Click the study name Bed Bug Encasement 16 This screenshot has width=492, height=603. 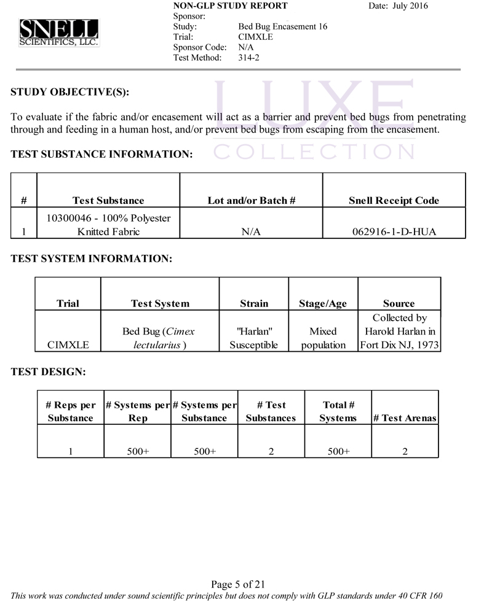click(282, 26)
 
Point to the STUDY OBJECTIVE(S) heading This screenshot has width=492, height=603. click(70, 93)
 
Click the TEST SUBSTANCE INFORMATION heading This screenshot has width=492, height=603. click(102, 155)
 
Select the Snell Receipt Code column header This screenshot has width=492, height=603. click(394, 200)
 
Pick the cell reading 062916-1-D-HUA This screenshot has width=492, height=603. click(394, 231)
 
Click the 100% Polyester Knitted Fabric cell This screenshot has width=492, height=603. click(108, 225)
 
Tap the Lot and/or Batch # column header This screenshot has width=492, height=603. click(252, 200)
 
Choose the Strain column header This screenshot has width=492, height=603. click(254, 303)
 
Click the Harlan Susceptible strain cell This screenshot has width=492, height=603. click(254, 338)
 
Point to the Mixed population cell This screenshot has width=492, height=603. click(323, 338)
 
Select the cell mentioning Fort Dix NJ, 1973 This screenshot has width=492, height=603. click(399, 332)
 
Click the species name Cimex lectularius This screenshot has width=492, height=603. click(159, 338)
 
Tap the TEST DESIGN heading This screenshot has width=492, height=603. click(48, 372)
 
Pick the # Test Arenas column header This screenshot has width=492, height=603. click(405, 418)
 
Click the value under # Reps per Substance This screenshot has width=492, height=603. click(71, 451)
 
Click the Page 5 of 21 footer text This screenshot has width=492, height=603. click(237, 584)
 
